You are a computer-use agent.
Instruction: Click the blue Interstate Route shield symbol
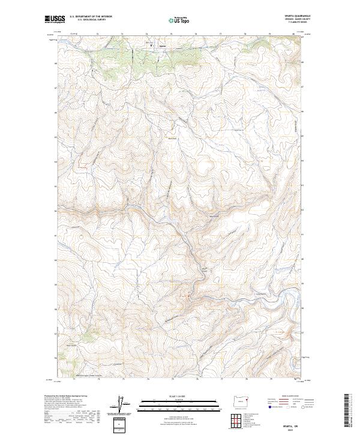[x=268, y=406]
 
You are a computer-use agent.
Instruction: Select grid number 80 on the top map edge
[x=293, y=34]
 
